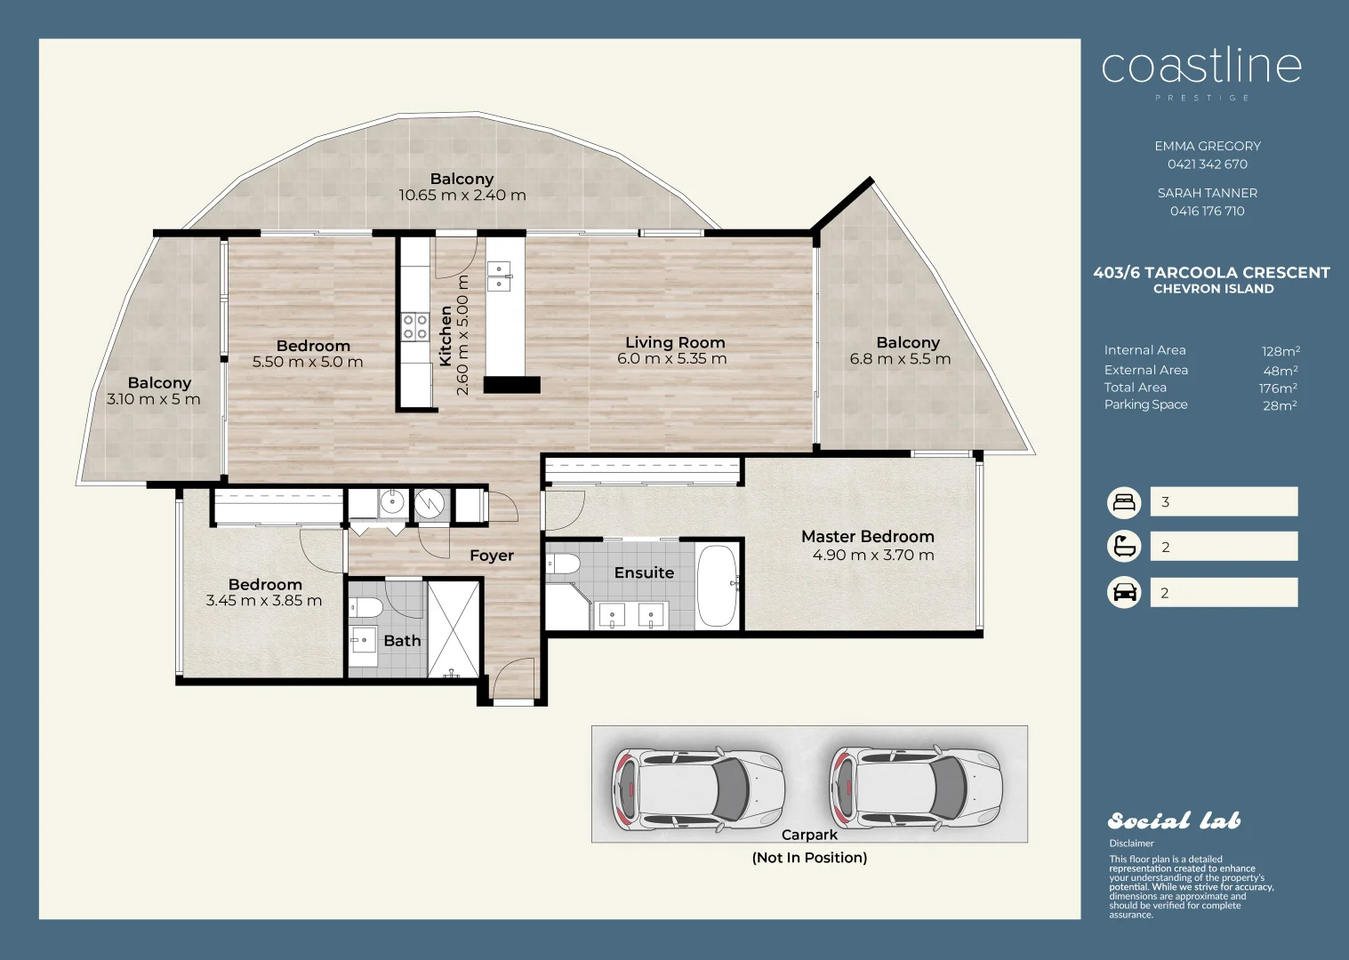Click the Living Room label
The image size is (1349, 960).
pos(674,342)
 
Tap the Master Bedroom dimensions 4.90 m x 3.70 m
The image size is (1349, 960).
pos(873,555)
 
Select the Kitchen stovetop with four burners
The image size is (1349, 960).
pos(415,327)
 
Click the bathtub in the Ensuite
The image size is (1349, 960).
pos(717,586)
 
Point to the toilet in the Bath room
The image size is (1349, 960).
pos(365,607)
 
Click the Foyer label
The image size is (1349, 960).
pos(492,556)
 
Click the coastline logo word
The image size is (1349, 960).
pos(1201,68)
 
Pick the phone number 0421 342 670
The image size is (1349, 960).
pos(1207,164)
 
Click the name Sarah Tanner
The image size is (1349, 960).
pos(1207,193)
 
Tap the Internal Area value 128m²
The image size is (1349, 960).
pos(1281,351)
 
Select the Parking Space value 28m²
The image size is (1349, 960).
pos(1280,405)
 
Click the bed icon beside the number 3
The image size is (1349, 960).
pos(1124,502)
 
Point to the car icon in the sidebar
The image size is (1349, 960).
pos(1124,593)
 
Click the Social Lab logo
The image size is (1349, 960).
pos(1175,821)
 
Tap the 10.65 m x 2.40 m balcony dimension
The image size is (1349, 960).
pos(462,195)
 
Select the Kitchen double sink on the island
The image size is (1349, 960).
pos(499,276)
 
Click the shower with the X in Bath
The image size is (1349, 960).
pos(453,629)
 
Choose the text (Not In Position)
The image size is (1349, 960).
pos(809,858)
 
